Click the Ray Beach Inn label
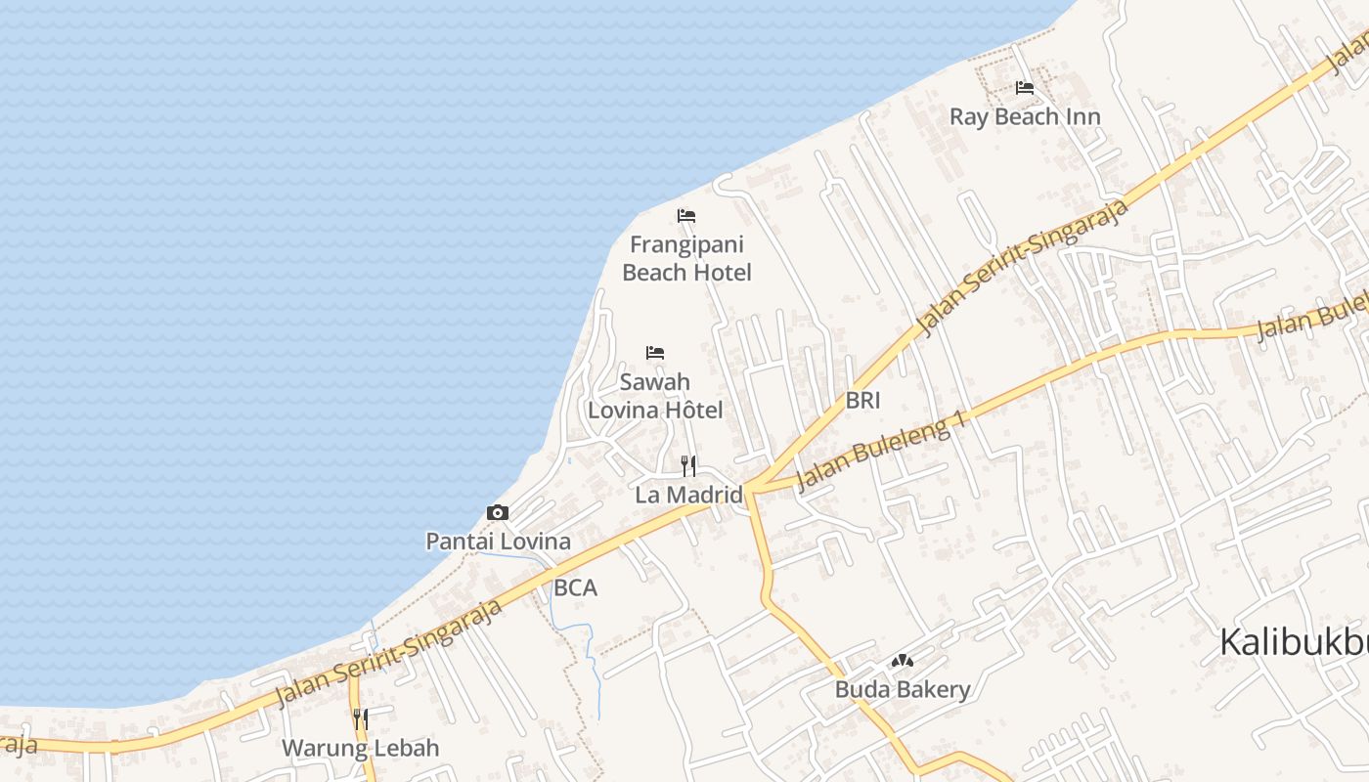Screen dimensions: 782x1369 pyautogui.click(x=1025, y=117)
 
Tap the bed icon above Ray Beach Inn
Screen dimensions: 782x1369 pyautogui.click(x=1025, y=88)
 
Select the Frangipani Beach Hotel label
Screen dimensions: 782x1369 pyautogui.click(x=686, y=258)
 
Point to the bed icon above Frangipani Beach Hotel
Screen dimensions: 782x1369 pyautogui.click(x=686, y=215)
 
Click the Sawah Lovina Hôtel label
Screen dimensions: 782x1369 pyautogui.click(x=655, y=396)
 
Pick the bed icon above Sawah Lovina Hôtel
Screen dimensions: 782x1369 pyautogui.click(x=655, y=352)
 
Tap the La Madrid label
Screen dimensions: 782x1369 pyautogui.click(x=688, y=495)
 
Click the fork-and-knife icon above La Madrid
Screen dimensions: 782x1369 pyautogui.click(x=688, y=465)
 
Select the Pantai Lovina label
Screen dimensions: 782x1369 pyautogui.click(x=498, y=541)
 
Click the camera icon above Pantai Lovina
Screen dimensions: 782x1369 pyautogui.click(x=498, y=512)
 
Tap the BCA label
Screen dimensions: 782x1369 pyautogui.click(x=575, y=588)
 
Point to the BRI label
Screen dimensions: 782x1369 pyautogui.click(x=863, y=400)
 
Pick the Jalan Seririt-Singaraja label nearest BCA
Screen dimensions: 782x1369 pyautogui.click(x=389, y=652)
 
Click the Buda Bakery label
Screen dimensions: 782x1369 pyautogui.click(x=902, y=690)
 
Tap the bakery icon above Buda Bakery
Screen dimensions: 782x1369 pyautogui.click(x=902, y=662)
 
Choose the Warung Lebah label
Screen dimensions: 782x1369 pyautogui.click(x=360, y=749)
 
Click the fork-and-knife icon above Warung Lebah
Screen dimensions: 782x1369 pyautogui.click(x=360, y=719)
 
